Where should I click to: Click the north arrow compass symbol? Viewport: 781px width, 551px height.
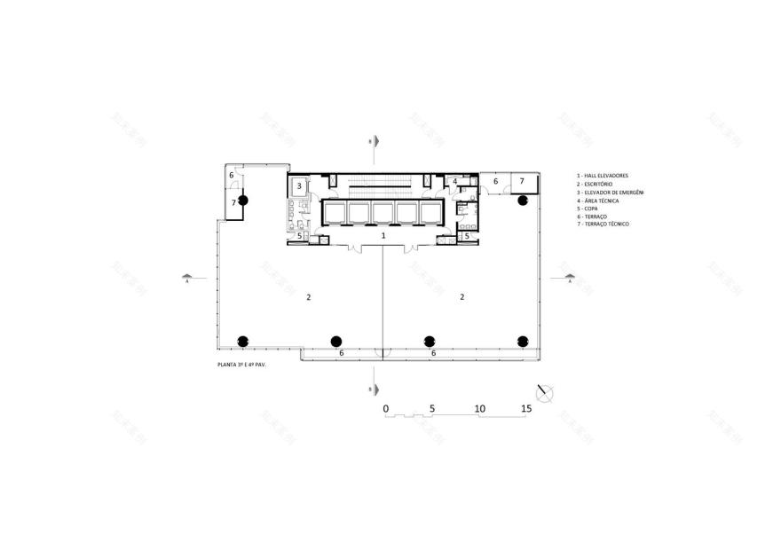[x=545, y=390]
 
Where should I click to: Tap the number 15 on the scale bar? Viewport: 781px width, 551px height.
[x=526, y=408]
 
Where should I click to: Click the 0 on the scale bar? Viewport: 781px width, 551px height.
[x=386, y=408]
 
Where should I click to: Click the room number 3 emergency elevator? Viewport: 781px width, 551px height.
[x=300, y=186]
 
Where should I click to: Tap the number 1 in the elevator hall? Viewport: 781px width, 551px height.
[x=383, y=236]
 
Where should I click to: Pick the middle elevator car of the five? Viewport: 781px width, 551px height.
[x=383, y=211]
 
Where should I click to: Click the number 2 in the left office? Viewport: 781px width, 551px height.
[x=308, y=297]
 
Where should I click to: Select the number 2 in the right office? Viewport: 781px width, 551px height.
[x=462, y=297]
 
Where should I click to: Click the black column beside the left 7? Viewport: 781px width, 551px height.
[x=243, y=201]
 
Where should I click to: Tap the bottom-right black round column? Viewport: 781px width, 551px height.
[x=523, y=341]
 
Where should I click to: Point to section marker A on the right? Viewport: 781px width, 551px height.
[x=569, y=278]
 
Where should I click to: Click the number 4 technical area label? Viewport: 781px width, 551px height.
[x=454, y=182]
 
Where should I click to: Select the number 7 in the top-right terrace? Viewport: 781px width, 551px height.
[x=522, y=181]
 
